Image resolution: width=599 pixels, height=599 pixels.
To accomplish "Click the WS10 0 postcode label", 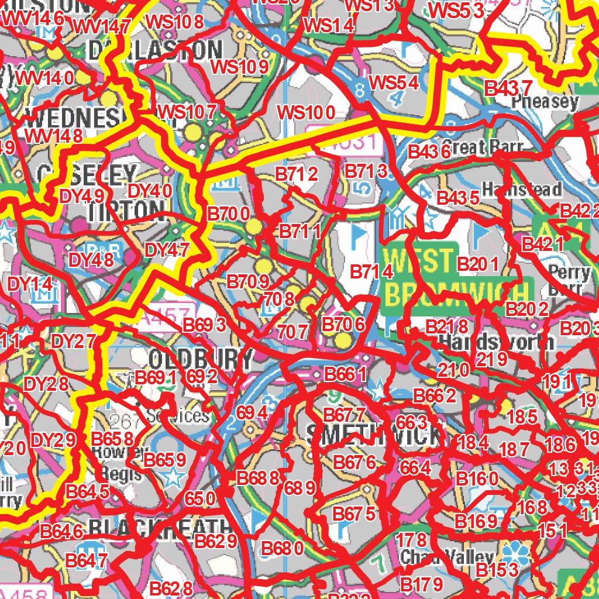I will tap(306, 112).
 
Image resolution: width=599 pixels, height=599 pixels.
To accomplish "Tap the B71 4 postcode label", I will tap(371, 272).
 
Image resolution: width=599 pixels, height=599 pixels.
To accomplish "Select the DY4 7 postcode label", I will tap(167, 250).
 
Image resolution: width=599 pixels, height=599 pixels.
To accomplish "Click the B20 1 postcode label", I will tap(477, 264).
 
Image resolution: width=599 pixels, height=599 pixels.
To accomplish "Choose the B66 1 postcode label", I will tap(345, 374).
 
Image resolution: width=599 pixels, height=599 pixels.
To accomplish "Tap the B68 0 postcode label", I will tap(282, 549).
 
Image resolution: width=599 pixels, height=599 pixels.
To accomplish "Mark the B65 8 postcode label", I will tap(114, 439).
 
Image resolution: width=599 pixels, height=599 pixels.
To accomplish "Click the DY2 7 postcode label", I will tap(73, 342).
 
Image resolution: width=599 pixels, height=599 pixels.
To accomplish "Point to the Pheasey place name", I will tap(545, 102).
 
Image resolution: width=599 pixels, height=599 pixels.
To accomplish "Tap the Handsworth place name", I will tap(495, 341).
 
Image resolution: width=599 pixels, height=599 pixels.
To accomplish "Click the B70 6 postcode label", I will tap(344, 324).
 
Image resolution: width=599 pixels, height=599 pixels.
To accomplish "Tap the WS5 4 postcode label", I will tap(395, 82).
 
